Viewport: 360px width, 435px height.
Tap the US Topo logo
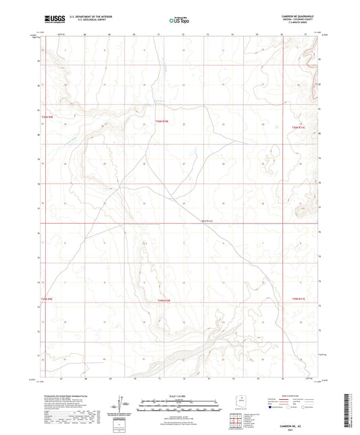(x=178, y=21)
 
